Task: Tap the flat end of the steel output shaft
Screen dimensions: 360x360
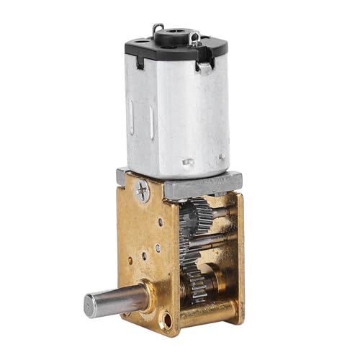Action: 92,305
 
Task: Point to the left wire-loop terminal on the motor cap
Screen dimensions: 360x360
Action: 158,30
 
